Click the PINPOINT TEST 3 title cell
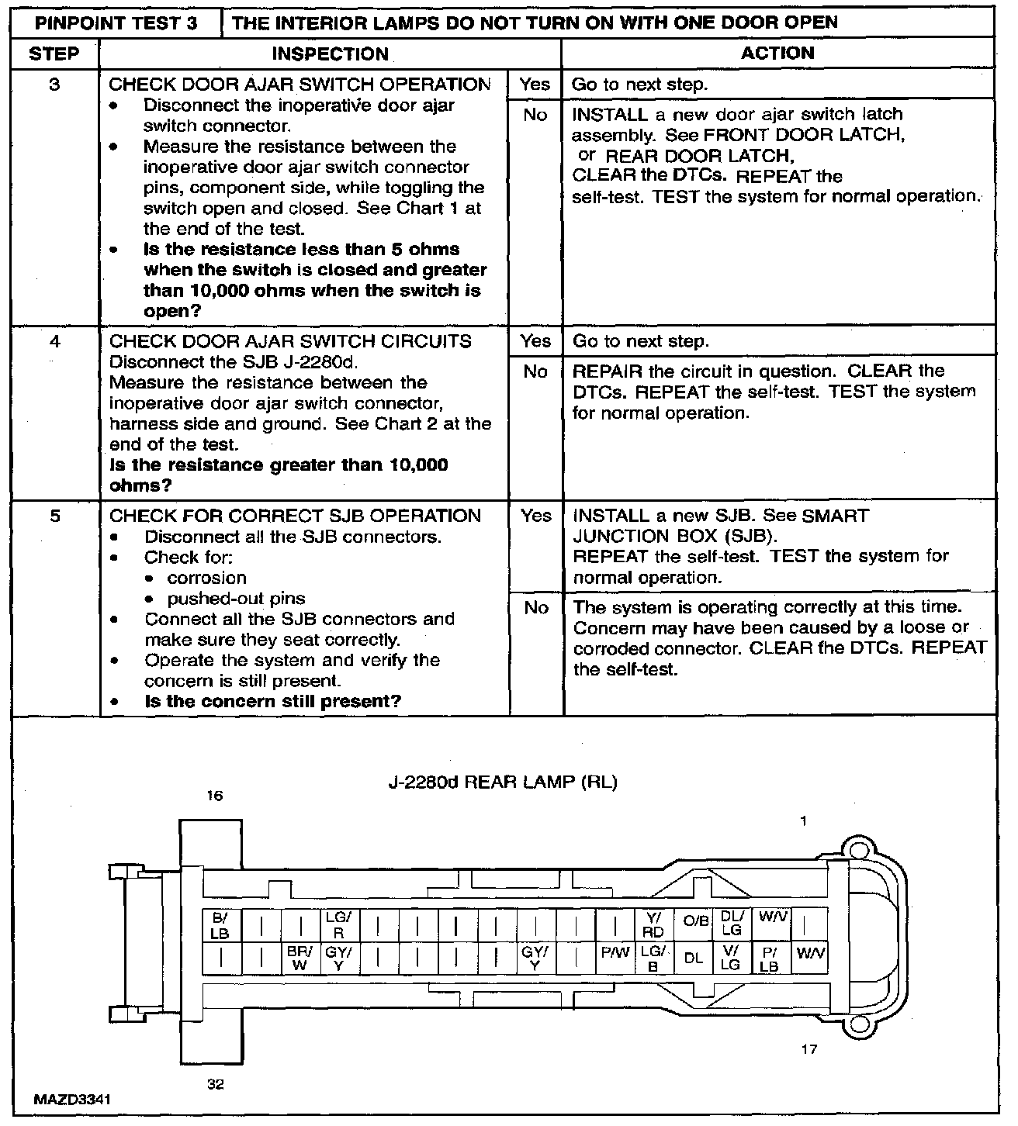[x=116, y=22]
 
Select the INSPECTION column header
[x=330, y=54]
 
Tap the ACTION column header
[x=777, y=53]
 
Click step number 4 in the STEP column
[x=54, y=341]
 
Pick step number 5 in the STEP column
[x=54, y=516]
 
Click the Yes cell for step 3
[x=535, y=85]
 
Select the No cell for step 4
[x=535, y=372]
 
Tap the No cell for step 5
[x=535, y=608]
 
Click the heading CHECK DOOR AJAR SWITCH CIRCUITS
[x=290, y=341]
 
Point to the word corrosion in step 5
[x=206, y=578]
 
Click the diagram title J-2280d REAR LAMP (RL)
[x=502, y=782]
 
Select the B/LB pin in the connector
[x=220, y=925]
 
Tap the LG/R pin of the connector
[x=338, y=925]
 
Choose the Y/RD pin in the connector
[x=653, y=925]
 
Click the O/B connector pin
[x=694, y=921]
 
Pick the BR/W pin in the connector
[x=300, y=958]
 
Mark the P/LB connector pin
[x=769, y=958]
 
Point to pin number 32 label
[x=216, y=1084]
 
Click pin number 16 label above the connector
[x=215, y=796]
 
